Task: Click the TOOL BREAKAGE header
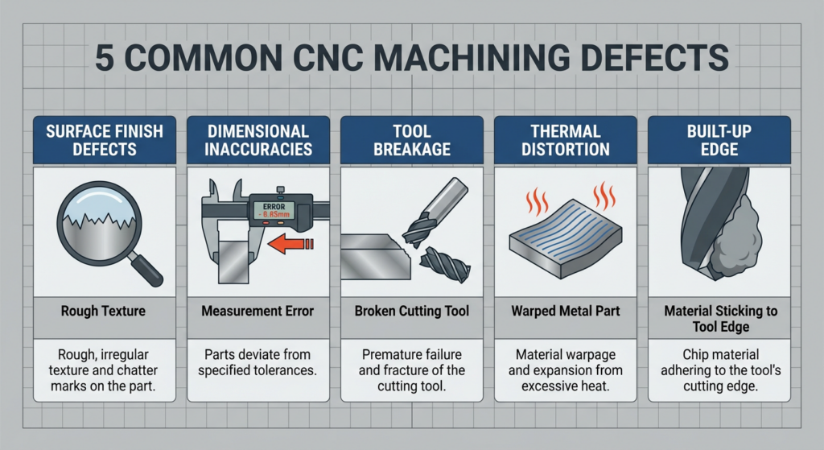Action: (x=411, y=140)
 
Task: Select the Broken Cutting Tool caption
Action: (x=411, y=311)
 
